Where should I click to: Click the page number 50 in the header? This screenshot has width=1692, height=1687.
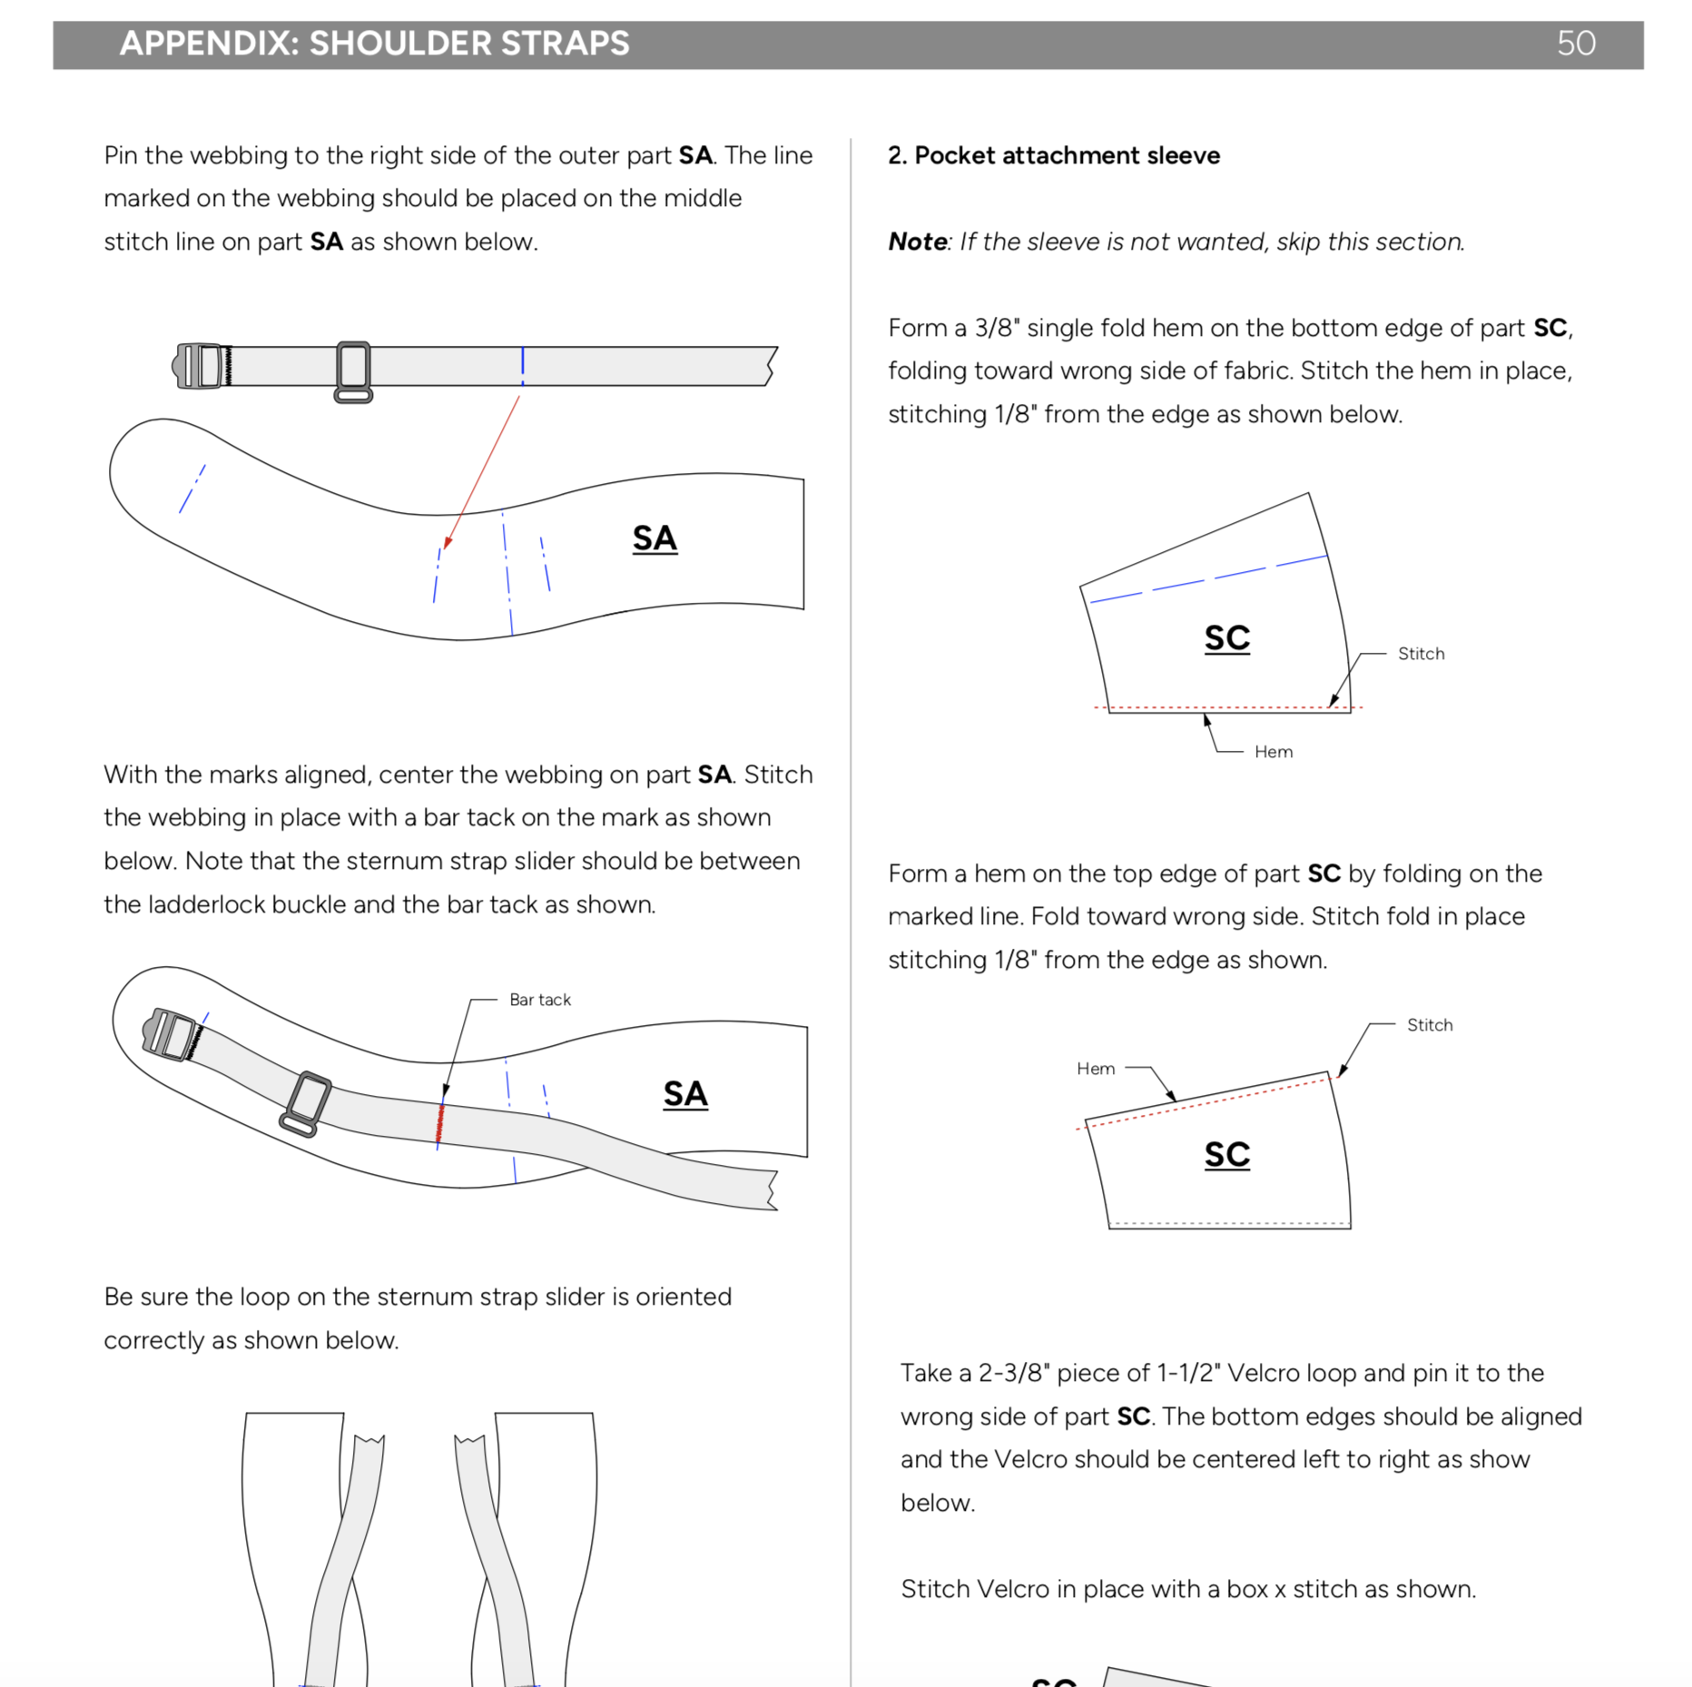tap(1575, 44)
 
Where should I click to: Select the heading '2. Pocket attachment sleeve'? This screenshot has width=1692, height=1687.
tap(1053, 155)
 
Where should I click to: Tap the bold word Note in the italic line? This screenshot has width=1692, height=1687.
tap(917, 242)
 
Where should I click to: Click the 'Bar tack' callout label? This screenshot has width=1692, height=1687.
tap(540, 1000)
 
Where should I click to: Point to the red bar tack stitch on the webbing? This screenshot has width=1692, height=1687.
tap(440, 1123)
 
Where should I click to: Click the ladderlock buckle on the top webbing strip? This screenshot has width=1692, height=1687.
tap(200, 366)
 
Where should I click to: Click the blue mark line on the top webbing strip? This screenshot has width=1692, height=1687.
tap(523, 365)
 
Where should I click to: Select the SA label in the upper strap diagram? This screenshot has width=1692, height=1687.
tap(654, 538)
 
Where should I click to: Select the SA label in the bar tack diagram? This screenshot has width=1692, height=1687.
tap(685, 1094)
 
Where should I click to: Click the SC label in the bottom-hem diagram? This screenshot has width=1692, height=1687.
tap(1227, 638)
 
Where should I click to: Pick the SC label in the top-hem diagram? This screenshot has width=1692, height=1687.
tap(1227, 1155)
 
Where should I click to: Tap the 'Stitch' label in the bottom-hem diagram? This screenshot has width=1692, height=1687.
tap(1421, 654)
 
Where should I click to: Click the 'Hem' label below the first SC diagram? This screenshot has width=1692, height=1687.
tap(1274, 752)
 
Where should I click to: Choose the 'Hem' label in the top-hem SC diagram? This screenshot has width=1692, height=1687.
tap(1096, 1069)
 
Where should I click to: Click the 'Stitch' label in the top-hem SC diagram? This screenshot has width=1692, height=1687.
tap(1430, 1025)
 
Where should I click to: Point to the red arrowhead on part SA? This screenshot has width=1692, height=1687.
tap(448, 542)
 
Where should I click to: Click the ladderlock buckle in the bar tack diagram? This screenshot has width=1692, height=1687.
tap(170, 1034)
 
